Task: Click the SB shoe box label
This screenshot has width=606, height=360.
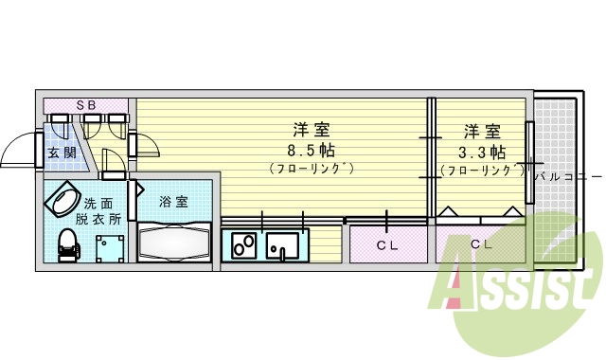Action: tap(85, 103)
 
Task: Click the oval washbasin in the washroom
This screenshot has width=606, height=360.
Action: tap(62, 201)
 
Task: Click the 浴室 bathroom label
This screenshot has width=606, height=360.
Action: tap(172, 201)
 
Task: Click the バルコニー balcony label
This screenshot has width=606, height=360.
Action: tap(567, 177)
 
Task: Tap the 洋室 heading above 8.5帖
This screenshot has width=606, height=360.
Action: tap(311, 130)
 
